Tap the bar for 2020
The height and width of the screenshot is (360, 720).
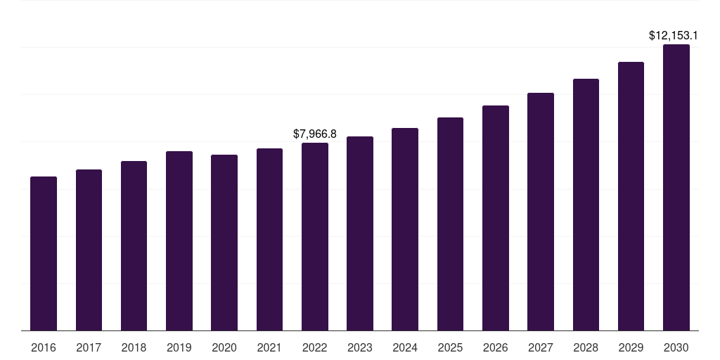[224, 243]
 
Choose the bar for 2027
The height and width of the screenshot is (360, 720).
[541, 212]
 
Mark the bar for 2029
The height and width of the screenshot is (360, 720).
[631, 196]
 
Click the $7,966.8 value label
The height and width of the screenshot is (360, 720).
[315, 134]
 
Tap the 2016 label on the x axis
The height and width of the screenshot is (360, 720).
[44, 347]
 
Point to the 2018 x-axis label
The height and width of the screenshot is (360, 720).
[134, 347]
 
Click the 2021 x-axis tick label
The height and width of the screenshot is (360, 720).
[269, 347]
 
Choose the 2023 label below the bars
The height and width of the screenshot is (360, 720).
[360, 347]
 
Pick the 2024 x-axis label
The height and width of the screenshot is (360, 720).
[405, 347]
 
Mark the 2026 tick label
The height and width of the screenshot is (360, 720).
[496, 347]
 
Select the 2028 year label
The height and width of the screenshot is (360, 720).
[586, 347]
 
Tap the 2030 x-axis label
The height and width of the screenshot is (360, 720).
[676, 347]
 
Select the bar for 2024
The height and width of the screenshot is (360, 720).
[405, 229]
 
